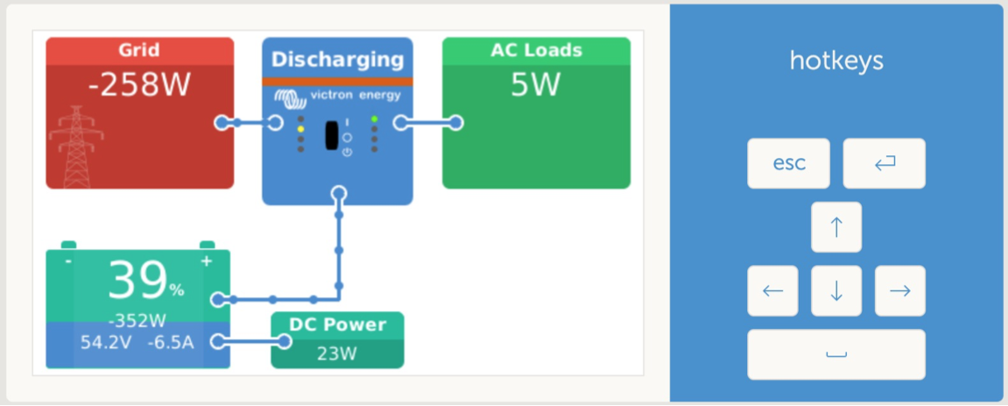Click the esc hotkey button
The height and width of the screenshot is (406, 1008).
[788, 163]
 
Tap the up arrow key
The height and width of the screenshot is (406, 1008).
[835, 227]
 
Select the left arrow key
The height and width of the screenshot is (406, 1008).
[772, 291]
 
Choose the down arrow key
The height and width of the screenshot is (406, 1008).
[835, 291]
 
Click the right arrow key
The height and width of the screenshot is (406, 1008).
[900, 291]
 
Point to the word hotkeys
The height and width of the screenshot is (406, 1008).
[836, 61]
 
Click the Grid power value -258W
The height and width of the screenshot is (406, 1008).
[139, 85]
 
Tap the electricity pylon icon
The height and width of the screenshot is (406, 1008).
[76, 147]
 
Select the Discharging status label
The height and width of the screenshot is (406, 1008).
[337, 60]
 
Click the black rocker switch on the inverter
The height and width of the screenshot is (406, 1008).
[332, 135]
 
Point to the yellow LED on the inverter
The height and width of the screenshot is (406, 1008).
[300, 129]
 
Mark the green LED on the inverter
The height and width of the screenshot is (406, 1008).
[374, 119]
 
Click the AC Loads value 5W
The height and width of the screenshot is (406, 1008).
[536, 85]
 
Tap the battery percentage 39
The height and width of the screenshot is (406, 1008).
[137, 281]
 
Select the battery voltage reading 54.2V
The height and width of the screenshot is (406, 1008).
[105, 342]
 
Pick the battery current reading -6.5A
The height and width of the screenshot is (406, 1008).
[171, 342]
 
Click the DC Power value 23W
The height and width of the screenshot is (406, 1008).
[337, 354]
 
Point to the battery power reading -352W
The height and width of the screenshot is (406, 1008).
[137, 320]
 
